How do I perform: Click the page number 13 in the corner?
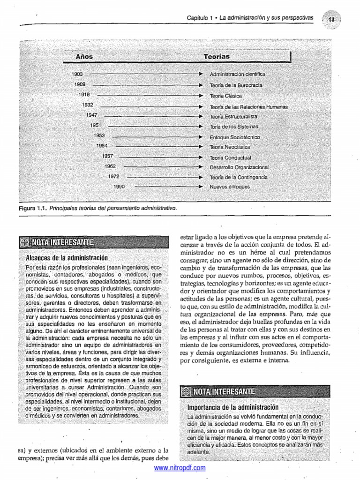331,19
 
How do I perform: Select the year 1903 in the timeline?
77,74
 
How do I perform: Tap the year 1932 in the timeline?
87,105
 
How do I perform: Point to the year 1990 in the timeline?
119,187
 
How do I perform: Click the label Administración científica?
237,74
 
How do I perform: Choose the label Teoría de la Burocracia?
236,85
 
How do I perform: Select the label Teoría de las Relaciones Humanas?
248,107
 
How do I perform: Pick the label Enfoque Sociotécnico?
235,137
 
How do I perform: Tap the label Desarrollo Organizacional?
239,167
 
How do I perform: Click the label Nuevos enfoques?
230,187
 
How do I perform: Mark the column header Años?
84,57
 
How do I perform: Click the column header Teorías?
217,56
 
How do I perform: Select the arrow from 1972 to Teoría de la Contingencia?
164,177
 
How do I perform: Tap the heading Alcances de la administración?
67,258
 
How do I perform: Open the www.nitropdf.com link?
180,468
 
